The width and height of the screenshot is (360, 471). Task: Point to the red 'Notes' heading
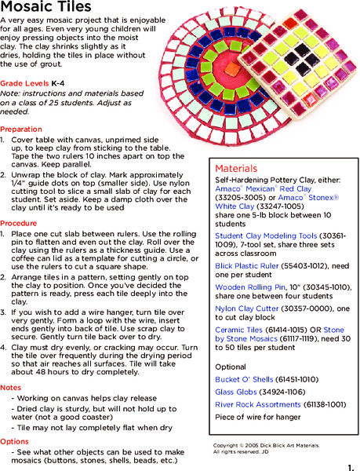11,388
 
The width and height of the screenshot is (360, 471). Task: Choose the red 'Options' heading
15,441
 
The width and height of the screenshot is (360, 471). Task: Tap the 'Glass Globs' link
233,392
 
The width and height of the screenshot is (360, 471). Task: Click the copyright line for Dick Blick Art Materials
266,445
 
